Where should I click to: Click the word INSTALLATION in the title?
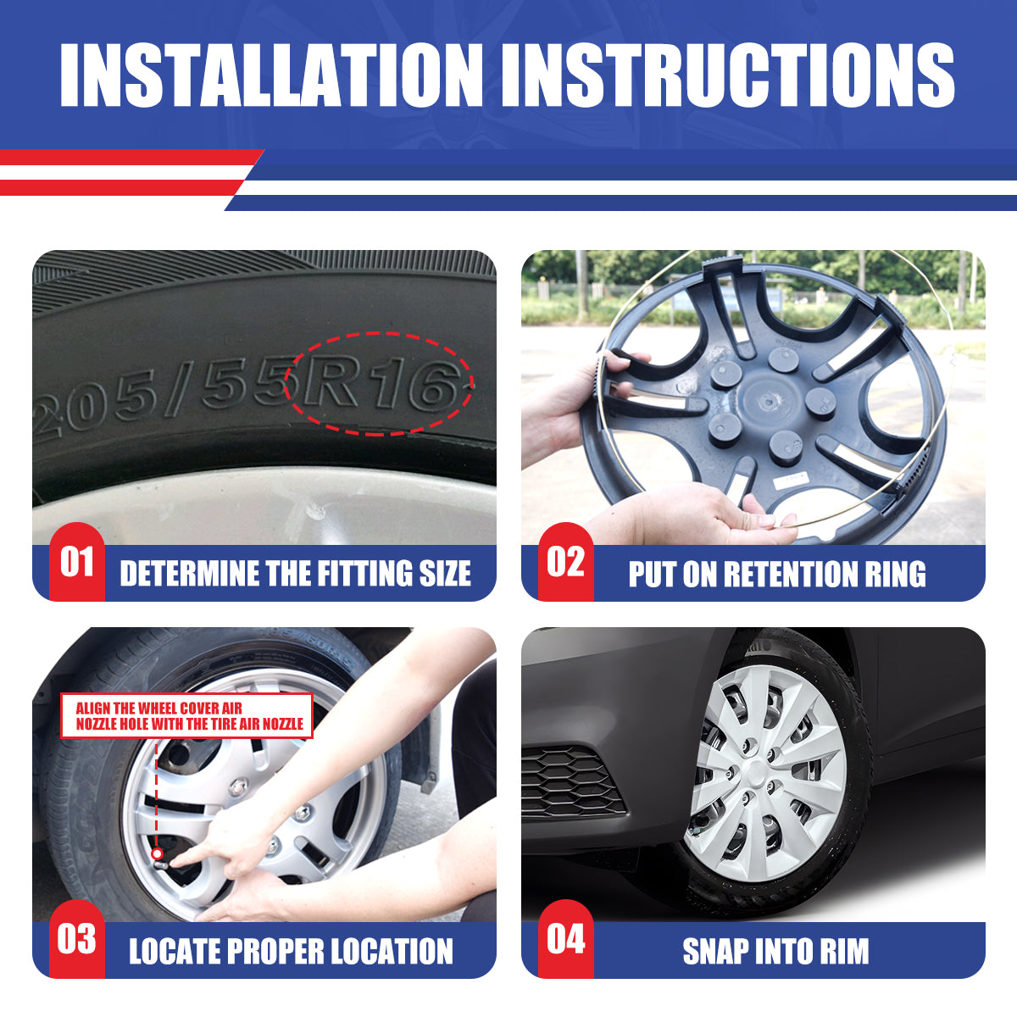pyautogui.click(x=271, y=75)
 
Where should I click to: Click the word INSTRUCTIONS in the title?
pyautogui.click(x=728, y=75)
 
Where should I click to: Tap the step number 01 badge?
pyautogui.click(x=77, y=562)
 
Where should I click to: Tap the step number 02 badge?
pyautogui.click(x=566, y=562)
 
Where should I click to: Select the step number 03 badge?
pyautogui.click(x=77, y=939)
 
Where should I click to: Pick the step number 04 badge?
pyautogui.click(x=566, y=939)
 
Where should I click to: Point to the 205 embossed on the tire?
pyautogui.click(x=95, y=407)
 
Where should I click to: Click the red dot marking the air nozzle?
pyautogui.click(x=157, y=853)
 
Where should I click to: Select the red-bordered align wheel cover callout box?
pyautogui.click(x=186, y=715)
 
